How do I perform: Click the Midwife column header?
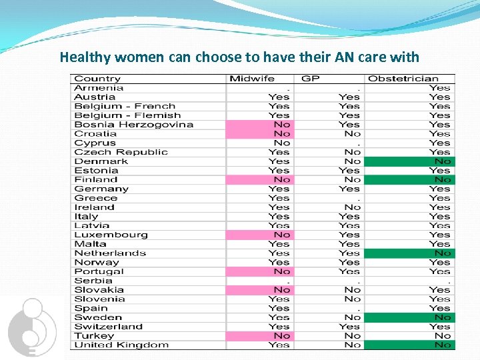(x=251, y=79)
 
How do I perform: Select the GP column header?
(x=311, y=79)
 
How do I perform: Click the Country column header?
(x=97, y=79)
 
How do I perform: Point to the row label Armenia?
(x=99, y=87)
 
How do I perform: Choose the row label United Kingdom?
(x=121, y=345)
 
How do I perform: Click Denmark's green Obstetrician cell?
(x=409, y=161)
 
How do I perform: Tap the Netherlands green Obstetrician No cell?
(x=409, y=253)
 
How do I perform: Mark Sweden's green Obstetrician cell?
(x=409, y=317)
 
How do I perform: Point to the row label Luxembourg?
(x=111, y=235)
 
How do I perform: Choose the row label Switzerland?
(x=108, y=327)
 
